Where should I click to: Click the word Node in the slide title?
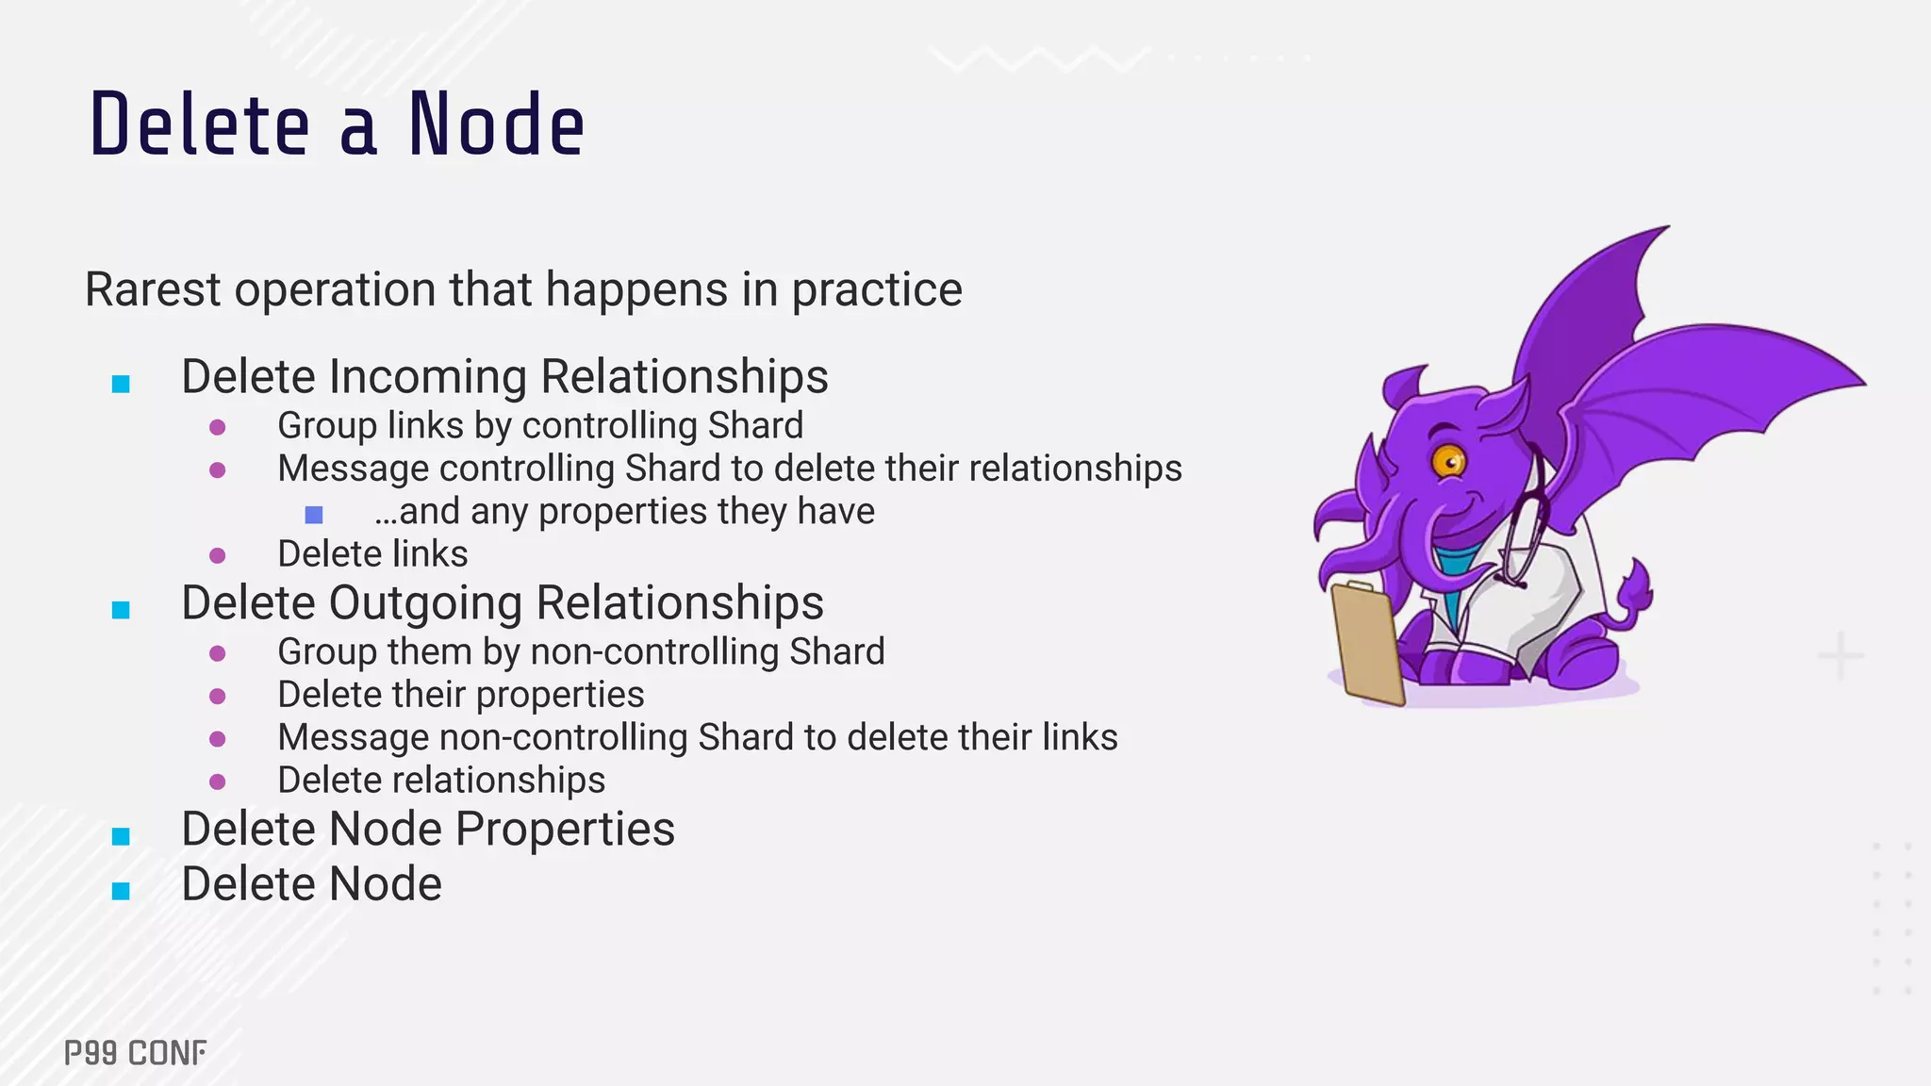(496, 125)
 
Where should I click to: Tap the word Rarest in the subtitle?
(153, 289)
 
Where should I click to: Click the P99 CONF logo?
(135, 1053)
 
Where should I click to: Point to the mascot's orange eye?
(1447, 461)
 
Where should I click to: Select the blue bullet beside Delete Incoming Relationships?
(121, 384)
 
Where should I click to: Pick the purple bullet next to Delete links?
(218, 555)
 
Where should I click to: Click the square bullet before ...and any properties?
(314, 514)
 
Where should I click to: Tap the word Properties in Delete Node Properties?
(565, 830)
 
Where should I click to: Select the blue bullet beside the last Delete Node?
(121, 891)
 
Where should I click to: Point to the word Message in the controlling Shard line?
(352, 469)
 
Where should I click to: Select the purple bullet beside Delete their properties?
(218, 696)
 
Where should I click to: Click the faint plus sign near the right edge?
(1840, 656)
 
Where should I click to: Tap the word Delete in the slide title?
(200, 125)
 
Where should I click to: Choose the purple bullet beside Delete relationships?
(218, 782)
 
